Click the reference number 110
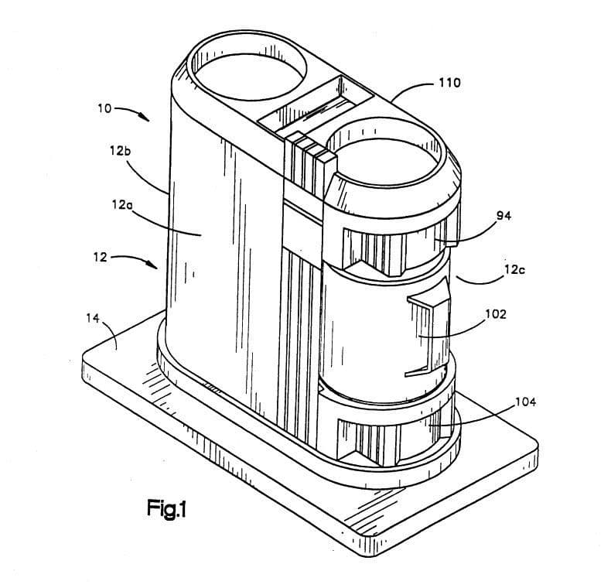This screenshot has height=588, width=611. tap(449, 83)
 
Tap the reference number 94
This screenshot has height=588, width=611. tap(503, 215)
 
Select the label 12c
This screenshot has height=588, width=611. tap(515, 270)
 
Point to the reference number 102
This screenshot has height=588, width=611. tap(496, 314)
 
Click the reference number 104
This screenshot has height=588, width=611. tap(526, 402)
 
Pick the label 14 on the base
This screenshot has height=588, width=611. tap(93, 318)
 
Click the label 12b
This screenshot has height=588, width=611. tap(120, 151)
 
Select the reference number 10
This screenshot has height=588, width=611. tap(104, 108)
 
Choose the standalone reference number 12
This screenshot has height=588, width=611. tap(100, 257)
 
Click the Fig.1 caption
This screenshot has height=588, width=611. tap(166, 508)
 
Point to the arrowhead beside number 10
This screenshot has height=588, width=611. tap(144, 117)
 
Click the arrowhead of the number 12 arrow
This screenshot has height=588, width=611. tap(152, 265)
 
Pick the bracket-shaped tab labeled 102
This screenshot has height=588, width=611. tap(428, 336)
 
